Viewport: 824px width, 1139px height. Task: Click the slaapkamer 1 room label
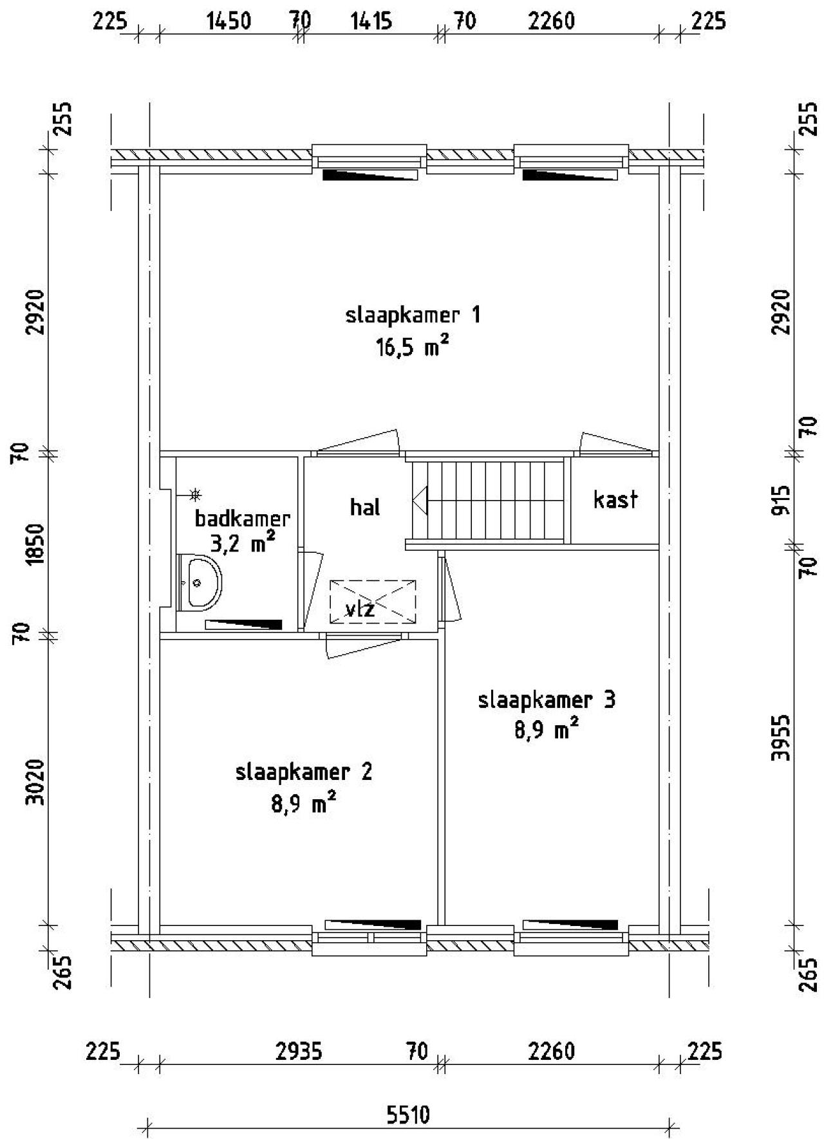tap(413, 315)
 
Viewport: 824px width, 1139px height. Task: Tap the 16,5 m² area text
tap(412, 347)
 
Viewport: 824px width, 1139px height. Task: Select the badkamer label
tap(242, 518)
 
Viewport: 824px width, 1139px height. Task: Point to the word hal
tap(365, 508)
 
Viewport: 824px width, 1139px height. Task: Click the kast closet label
tap(615, 499)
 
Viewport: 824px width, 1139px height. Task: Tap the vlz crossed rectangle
tap(373, 602)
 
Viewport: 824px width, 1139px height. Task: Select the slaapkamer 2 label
tap(303, 772)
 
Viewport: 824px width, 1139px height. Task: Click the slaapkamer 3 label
tap(546, 699)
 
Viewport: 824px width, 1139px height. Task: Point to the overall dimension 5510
tap(408, 1115)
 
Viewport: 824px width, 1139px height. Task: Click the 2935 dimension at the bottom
tap(299, 1051)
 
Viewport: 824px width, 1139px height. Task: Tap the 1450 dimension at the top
tap(229, 21)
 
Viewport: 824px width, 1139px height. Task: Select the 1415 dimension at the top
tap(371, 21)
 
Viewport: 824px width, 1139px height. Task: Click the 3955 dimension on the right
tap(780, 737)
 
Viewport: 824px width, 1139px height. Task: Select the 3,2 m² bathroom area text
tap(242, 544)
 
